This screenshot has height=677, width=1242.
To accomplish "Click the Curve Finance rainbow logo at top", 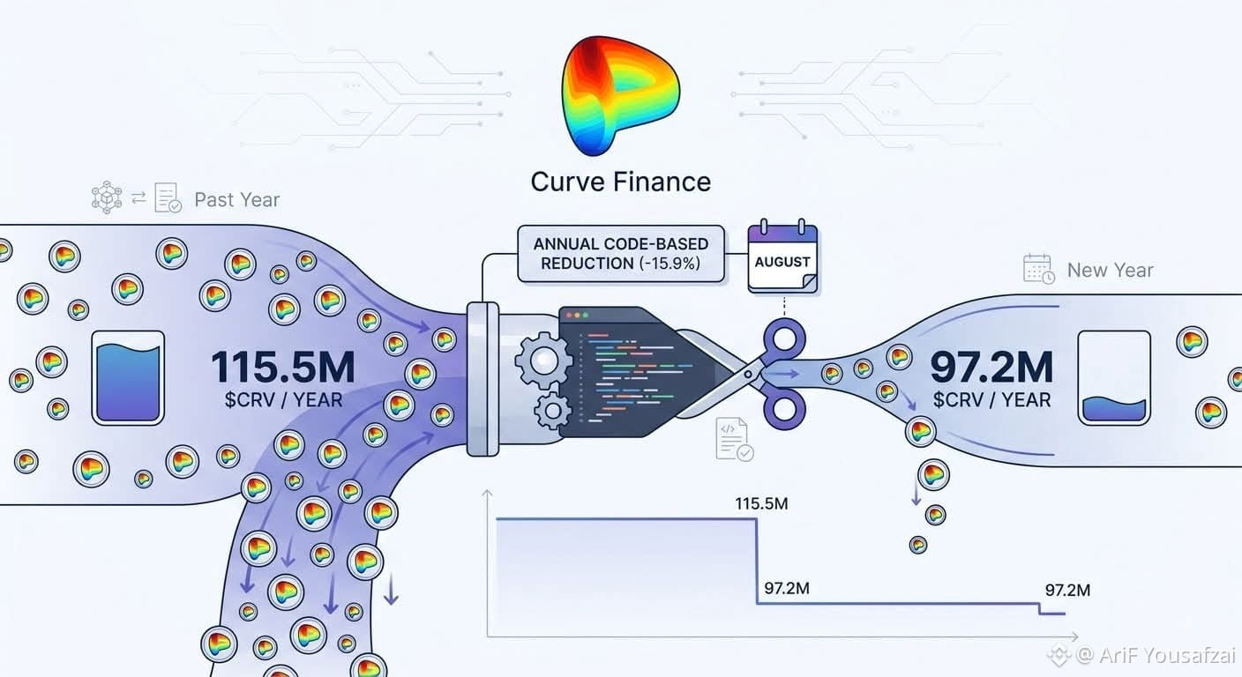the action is pyautogui.click(x=620, y=95).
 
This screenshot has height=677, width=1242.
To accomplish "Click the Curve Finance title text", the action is pyautogui.click(x=620, y=182).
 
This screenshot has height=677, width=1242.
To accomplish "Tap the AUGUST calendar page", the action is pyautogui.click(x=782, y=257).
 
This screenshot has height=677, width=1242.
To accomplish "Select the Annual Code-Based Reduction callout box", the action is pyautogui.click(x=620, y=254).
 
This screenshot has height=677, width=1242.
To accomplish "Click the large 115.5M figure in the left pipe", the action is pyautogui.click(x=283, y=367).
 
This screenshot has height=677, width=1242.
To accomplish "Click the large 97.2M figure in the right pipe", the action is pyautogui.click(x=991, y=367).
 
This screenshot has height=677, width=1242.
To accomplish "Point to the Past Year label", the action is pyautogui.click(x=236, y=200).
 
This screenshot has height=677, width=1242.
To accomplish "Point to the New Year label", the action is pyautogui.click(x=1110, y=271).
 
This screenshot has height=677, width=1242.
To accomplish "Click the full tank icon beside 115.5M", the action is pyautogui.click(x=128, y=378).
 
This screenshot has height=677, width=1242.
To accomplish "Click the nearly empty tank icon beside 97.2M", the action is pyautogui.click(x=1114, y=378).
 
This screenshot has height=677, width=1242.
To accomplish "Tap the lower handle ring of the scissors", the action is pyautogui.click(x=783, y=409).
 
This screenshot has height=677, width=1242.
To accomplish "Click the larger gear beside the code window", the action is pyautogui.click(x=543, y=361).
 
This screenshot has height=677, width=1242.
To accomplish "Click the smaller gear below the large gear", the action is pyautogui.click(x=552, y=411).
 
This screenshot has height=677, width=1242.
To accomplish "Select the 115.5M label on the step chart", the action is pyautogui.click(x=761, y=503).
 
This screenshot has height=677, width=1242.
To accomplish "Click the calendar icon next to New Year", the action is pyautogui.click(x=1038, y=269).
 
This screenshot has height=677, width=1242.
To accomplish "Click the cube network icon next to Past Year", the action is pyautogui.click(x=107, y=197).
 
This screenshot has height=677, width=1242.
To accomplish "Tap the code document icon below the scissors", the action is pyautogui.click(x=734, y=439).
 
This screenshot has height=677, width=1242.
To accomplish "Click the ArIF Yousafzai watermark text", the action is pyautogui.click(x=1167, y=655).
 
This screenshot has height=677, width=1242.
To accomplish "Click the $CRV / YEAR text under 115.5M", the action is pyautogui.click(x=283, y=400).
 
